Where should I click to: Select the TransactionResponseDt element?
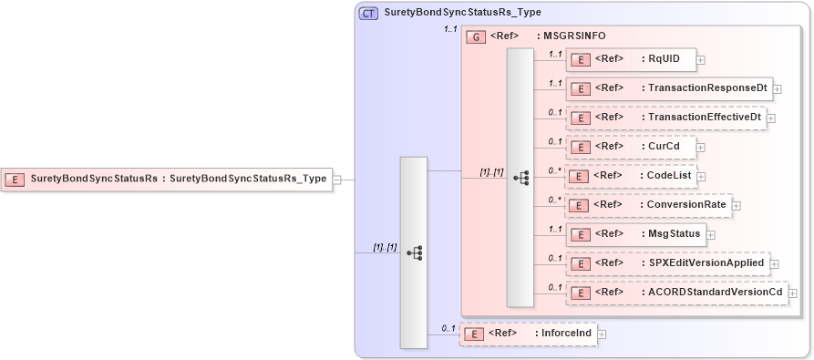669,88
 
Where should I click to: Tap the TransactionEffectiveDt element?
665,118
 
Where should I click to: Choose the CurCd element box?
630,146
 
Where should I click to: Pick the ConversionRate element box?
647,205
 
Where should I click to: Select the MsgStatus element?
635,234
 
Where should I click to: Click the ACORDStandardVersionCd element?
676,293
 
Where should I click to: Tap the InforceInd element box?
528,334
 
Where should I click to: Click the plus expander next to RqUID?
701,60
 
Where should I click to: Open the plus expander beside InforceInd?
602,334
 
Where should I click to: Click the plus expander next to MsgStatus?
711,235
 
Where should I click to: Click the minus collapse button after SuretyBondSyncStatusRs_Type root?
337,180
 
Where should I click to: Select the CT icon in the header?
369,14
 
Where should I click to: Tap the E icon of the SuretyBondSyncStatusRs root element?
15,179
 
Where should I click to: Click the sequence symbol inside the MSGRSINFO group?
521,179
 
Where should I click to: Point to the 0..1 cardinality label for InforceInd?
448,328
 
